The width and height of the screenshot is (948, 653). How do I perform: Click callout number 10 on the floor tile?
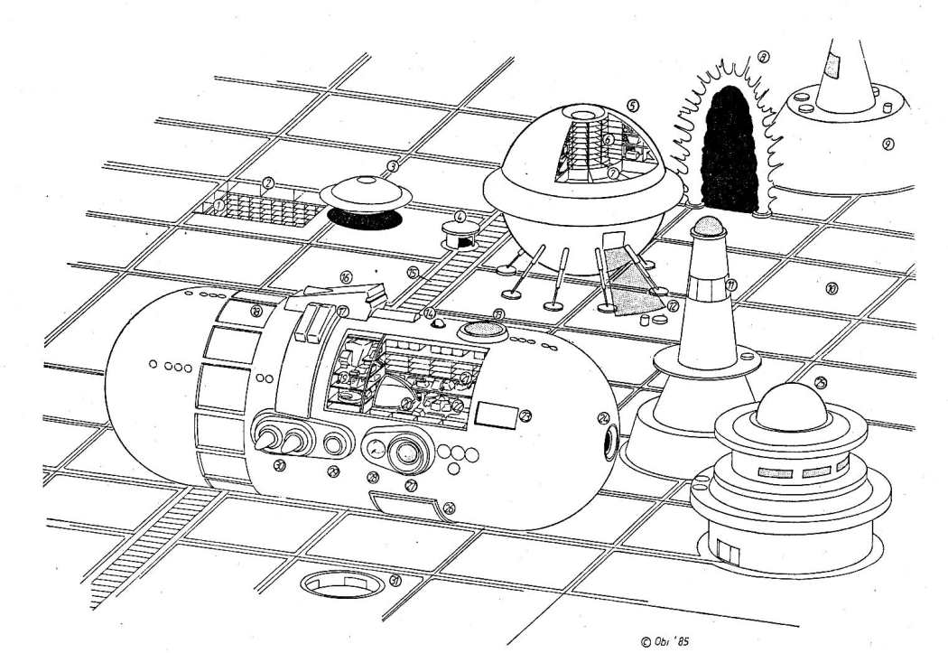pyautogui.click(x=831, y=289)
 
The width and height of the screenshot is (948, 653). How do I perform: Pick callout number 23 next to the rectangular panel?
pyautogui.click(x=525, y=415)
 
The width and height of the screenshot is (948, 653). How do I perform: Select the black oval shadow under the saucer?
pyautogui.click(x=364, y=219)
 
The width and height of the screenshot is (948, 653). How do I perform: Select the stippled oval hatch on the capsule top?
pyautogui.click(x=483, y=331)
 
